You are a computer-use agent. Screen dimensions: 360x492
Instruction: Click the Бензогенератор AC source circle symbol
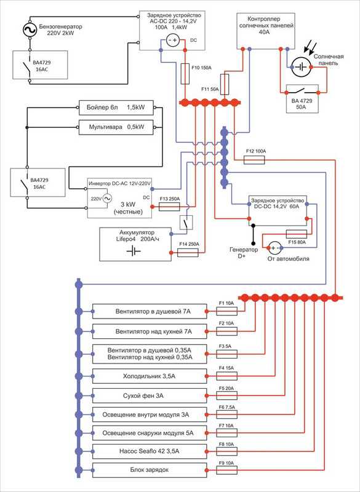click(x=30, y=30)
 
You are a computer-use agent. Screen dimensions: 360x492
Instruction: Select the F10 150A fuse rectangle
click(x=185, y=73)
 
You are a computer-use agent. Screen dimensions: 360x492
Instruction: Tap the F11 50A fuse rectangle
click(x=225, y=84)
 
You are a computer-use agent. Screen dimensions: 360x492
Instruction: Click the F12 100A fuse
click(x=254, y=160)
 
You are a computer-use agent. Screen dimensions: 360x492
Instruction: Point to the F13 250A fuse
click(x=169, y=207)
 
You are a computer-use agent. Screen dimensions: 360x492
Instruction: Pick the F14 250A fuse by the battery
click(x=188, y=253)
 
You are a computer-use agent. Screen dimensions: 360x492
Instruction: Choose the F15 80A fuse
click(x=296, y=234)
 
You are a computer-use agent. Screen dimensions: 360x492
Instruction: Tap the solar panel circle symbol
click(x=301, y=67)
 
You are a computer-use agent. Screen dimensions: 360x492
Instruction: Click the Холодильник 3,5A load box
click(x=150, y=376)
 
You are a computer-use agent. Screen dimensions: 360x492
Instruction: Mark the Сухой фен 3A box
click(x=150, y=395)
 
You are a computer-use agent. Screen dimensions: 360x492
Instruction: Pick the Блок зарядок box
click(x=150, y=470)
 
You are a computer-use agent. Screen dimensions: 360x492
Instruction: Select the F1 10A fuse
click(x=226, y=311)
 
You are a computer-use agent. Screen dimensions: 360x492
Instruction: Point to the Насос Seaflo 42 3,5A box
click(x=150, y=451)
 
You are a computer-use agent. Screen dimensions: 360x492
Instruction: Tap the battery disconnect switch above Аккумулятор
click(x=186, y=223)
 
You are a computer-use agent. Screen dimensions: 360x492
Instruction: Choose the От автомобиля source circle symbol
click(x=275, y=248)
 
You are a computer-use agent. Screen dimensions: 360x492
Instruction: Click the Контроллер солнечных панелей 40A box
click(x=265, y=31)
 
